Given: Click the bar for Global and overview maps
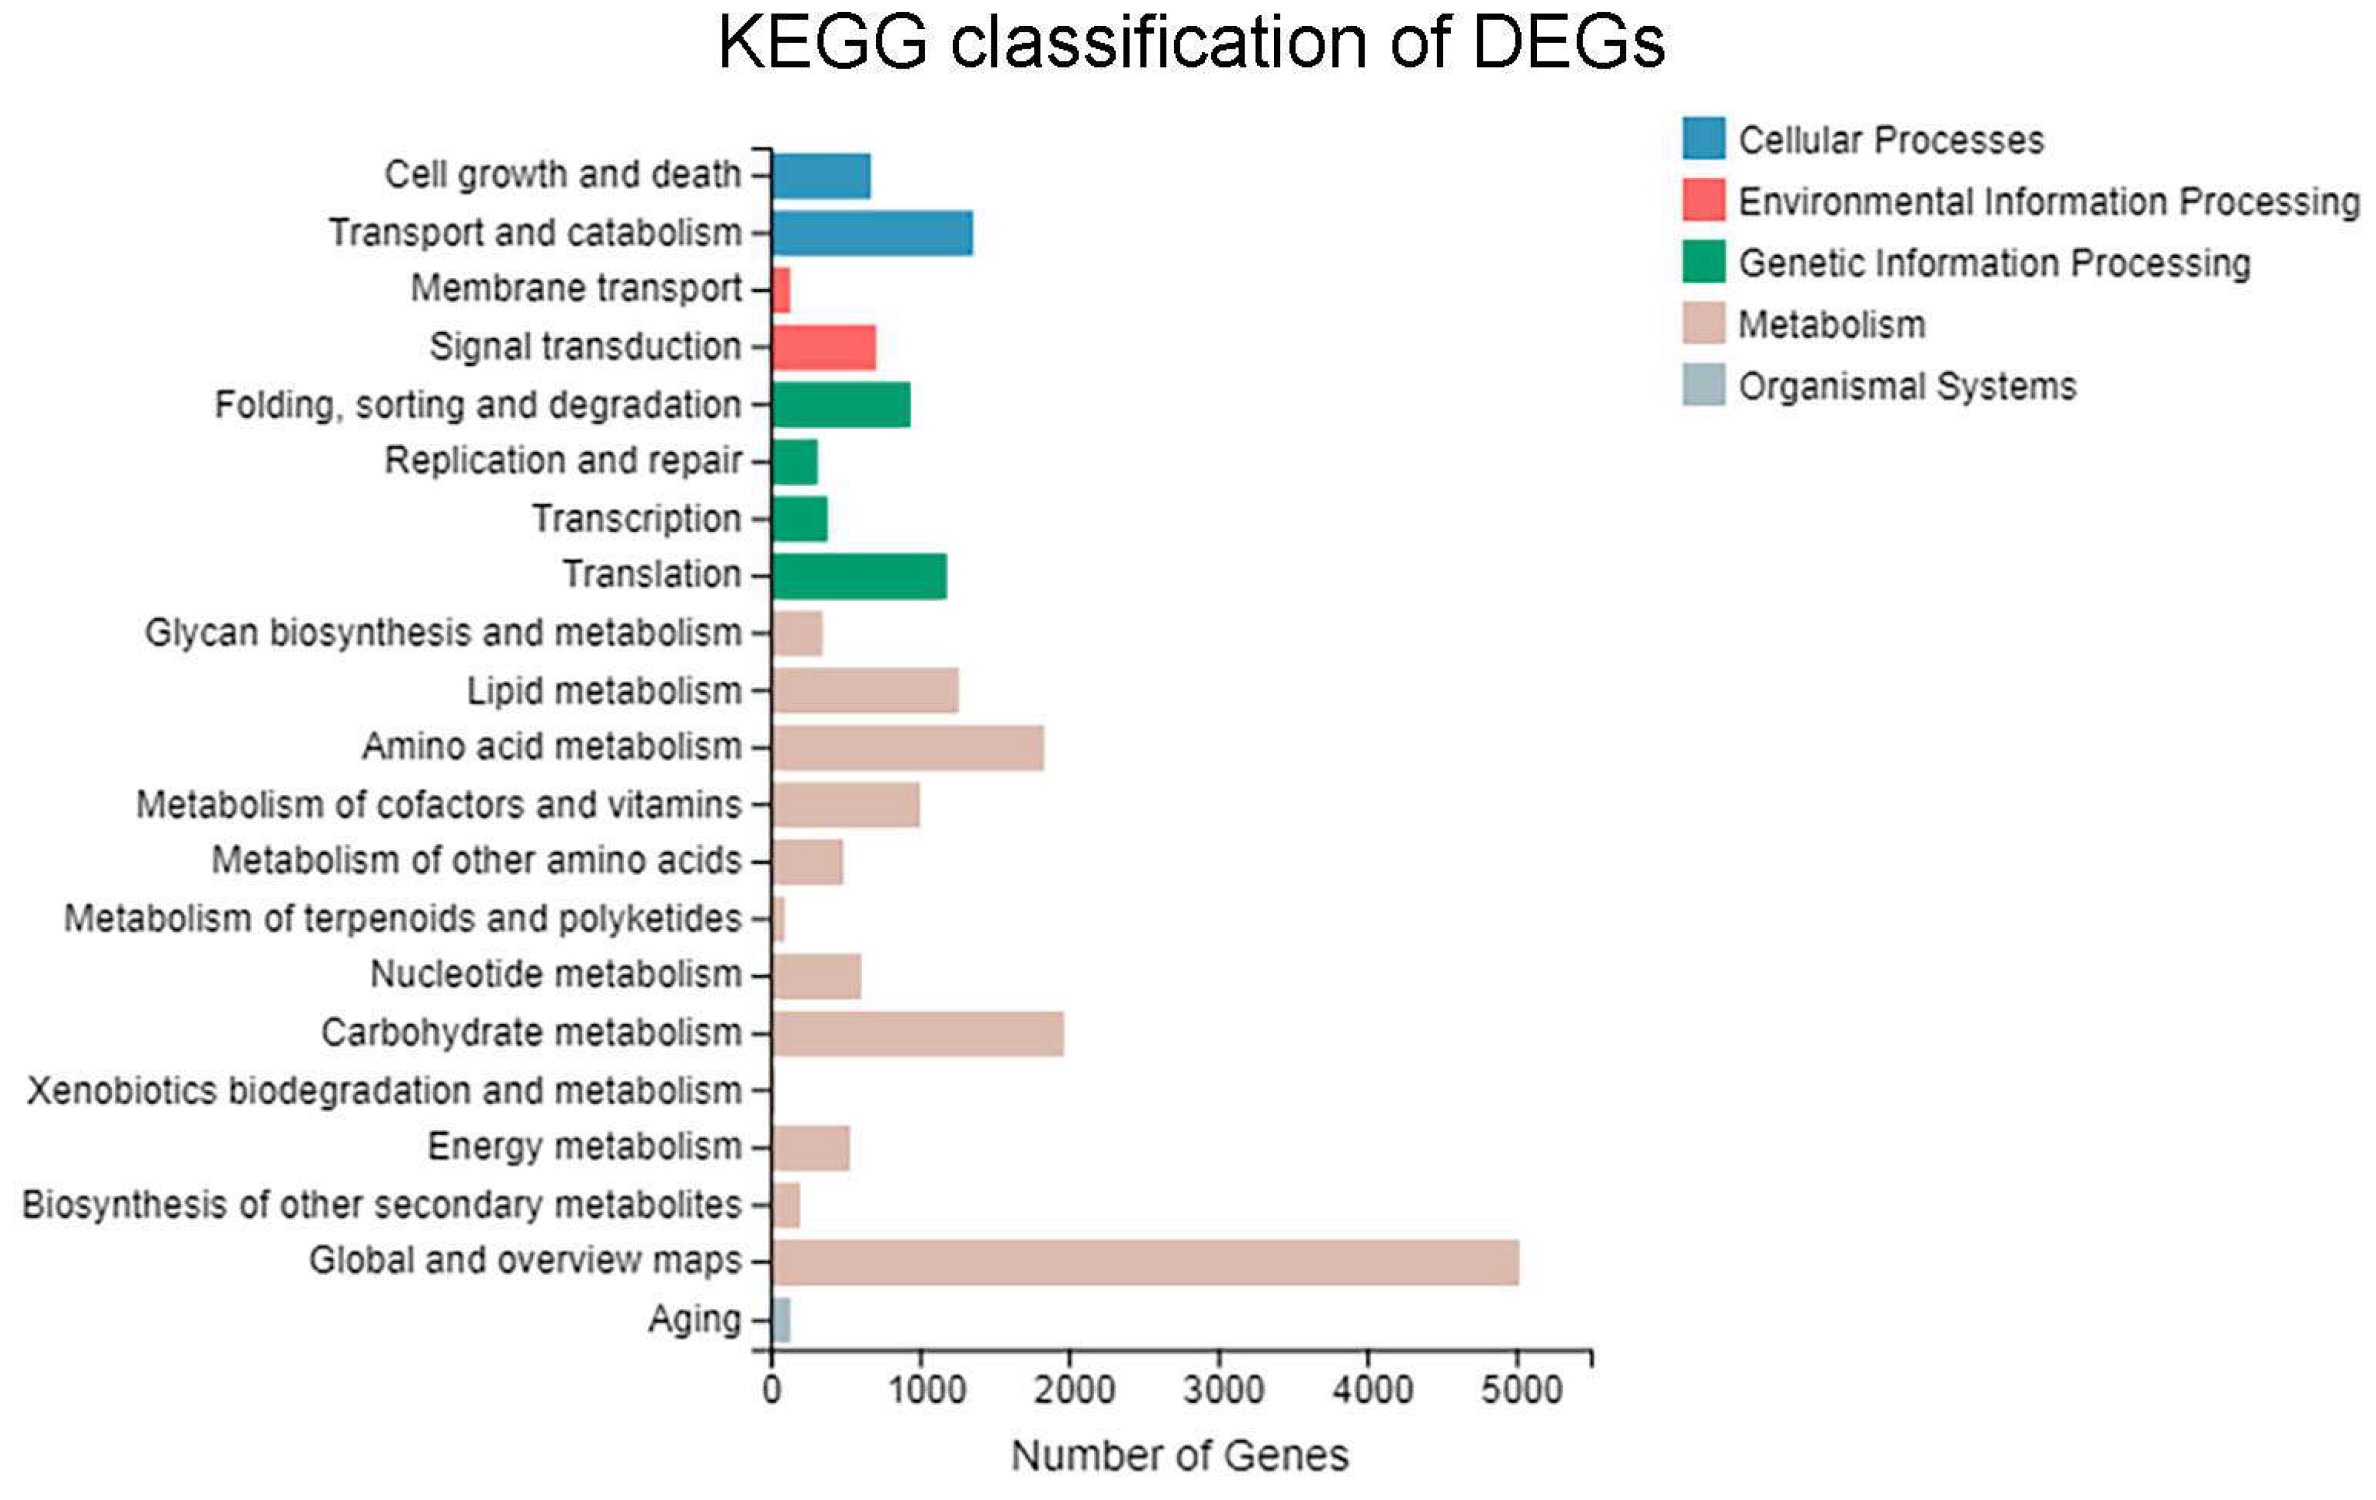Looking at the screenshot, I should [x=1145, y=1262].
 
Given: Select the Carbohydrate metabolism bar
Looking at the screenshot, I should [x=918, y=1033].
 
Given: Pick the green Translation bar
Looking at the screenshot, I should [x=858, y=575].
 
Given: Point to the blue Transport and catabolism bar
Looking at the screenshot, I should [x=872, y=233].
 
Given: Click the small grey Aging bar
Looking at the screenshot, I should [x=781, y=1319].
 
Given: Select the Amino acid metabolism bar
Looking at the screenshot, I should [x=908, y=747].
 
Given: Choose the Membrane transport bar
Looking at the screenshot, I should [x=781, y=289].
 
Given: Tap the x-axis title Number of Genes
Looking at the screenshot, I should [x=1179, y=1455].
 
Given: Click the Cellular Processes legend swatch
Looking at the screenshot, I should [x=1703, y=138].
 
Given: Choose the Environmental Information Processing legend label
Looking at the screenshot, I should [x=2048, y=202].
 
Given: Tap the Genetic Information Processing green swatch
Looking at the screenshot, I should [x=1703, y=262].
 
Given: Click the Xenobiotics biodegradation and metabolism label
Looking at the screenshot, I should [x=385, y=1090].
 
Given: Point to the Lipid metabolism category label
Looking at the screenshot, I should [x=604, y=691].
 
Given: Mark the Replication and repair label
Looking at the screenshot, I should [x=562, y=460].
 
